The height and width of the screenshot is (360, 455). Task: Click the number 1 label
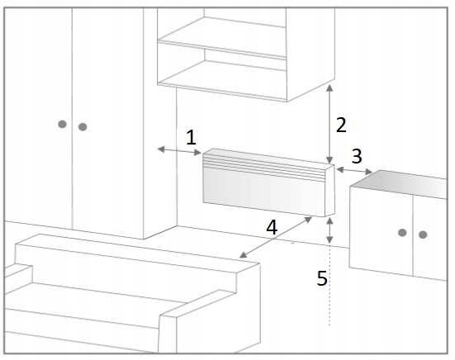tap(191, 137)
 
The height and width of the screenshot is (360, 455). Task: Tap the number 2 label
tap(341, 125)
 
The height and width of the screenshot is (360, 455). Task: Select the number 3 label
tap(357, 156)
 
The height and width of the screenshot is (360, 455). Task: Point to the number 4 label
tap(272, 227)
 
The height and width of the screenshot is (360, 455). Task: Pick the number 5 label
tap(322, 278)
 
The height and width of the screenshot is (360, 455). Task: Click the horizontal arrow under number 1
tap(179, 151)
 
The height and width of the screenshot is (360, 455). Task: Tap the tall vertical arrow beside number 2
tap(329, 124)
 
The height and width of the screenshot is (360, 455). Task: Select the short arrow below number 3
tap(354, 171)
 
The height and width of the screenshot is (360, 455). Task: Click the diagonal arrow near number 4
tap(276, 237)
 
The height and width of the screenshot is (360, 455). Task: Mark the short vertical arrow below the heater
tap(329, 230)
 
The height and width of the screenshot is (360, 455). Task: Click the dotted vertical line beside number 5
tap(329, 286)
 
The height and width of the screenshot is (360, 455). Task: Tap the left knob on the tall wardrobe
tap(63, 124)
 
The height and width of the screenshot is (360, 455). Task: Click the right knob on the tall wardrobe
tap(83, 127)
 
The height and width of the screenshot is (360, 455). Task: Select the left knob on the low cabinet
tap(402, 232)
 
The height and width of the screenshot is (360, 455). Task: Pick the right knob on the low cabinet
tap(423, 234)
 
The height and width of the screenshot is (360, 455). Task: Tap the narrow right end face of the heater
tap(329, 191)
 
